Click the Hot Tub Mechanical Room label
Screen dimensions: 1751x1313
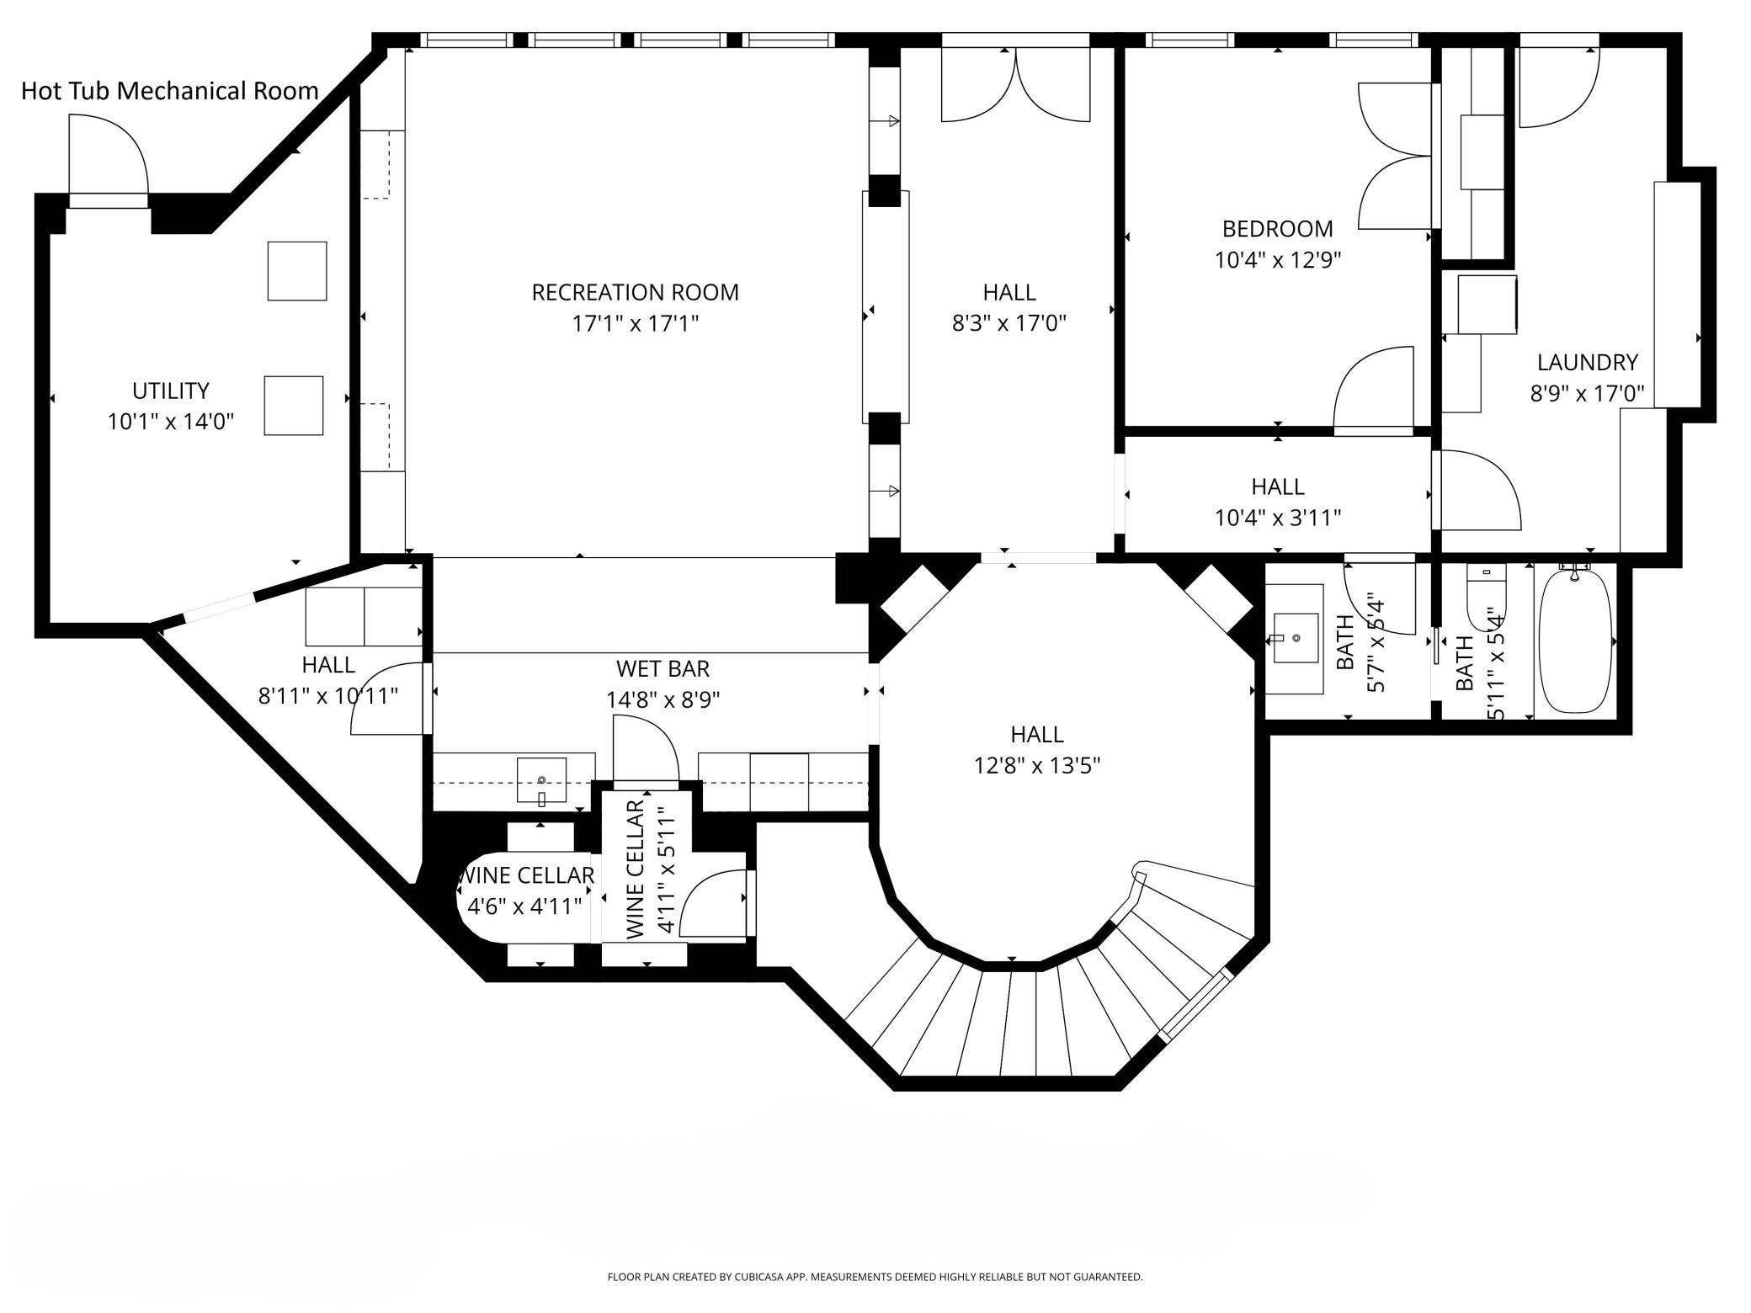170,91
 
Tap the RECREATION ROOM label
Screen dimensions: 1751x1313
636,292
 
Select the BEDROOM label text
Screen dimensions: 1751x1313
1278,229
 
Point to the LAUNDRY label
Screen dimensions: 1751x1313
1588,363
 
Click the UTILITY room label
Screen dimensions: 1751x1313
171,391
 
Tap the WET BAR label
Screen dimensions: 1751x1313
663,668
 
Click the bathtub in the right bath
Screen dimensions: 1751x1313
1576,641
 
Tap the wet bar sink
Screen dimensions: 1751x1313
541,781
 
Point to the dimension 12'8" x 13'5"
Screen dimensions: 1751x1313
1037,766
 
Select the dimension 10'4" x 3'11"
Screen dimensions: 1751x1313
1278,518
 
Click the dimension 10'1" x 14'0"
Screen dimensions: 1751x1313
171,422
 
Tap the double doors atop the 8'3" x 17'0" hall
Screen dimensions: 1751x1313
1016,84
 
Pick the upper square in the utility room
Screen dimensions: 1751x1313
297,271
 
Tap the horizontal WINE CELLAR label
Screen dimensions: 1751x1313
526,875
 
